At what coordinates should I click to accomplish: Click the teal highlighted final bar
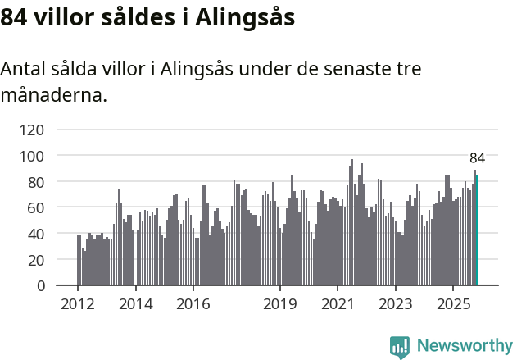pos(477,231)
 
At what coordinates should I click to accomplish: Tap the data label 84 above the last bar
pos(477,158)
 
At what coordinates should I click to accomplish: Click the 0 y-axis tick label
pos(40,286)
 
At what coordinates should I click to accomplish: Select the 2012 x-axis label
pos(78,304)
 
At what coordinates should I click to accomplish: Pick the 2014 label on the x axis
pos(135,304)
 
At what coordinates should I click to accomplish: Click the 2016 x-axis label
pos(193,304)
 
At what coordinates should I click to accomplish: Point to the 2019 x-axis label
pos(279,304)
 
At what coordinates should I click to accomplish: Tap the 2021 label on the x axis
pos(337,304)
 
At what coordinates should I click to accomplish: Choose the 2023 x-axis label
pos(395,304)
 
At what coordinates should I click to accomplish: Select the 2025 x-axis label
pos(452,304)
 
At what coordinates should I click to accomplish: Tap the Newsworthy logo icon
pos(399,347)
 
